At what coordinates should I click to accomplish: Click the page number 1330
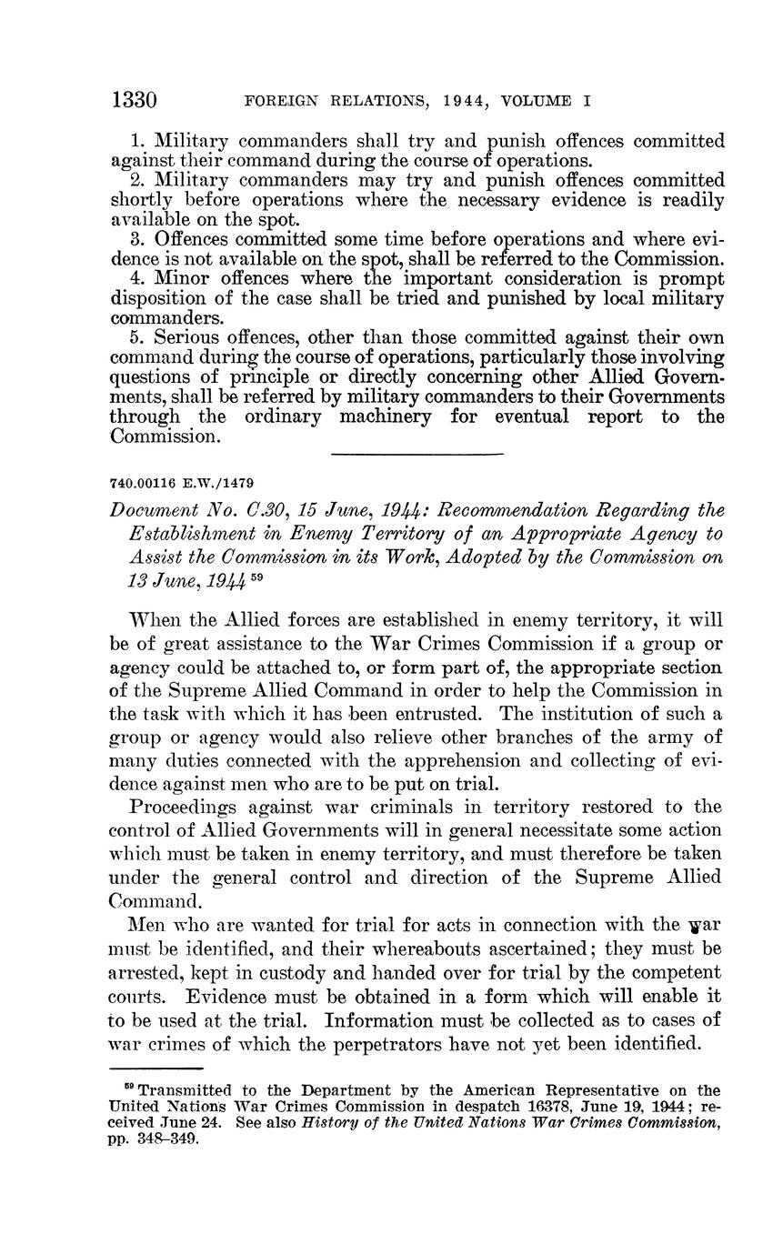(135, 99)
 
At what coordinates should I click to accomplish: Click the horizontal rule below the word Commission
(417, 454)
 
